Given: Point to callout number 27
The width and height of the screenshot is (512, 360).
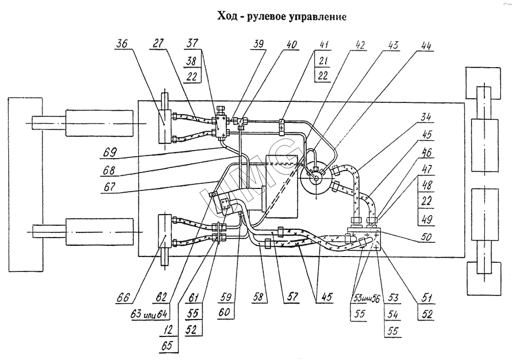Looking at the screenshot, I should pyautogui.click(x=157, y=44).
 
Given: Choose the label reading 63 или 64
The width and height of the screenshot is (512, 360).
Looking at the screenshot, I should pyautogui.click(x=141, y=312).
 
